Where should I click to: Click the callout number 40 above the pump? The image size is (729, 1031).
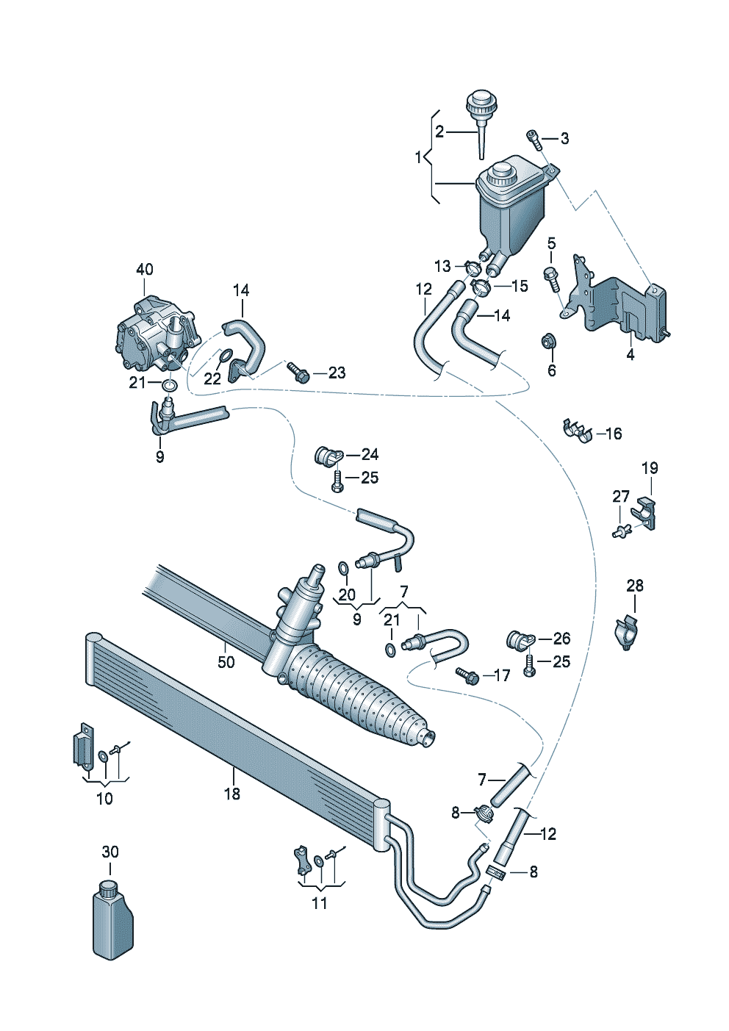click(145, 269)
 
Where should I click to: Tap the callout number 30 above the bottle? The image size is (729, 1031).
click(110, 852)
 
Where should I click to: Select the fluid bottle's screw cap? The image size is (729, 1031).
click(109, 888)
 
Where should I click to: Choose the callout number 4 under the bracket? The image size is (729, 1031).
click(630, 355)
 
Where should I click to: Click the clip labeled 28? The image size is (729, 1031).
click(628, 633)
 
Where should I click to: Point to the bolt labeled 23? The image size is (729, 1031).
click(298, 373)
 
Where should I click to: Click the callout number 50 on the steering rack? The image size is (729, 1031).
click(226, 662)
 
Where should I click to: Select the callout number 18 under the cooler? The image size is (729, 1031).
click(232, 794)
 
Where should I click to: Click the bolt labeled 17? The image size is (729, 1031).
click(467, 675)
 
